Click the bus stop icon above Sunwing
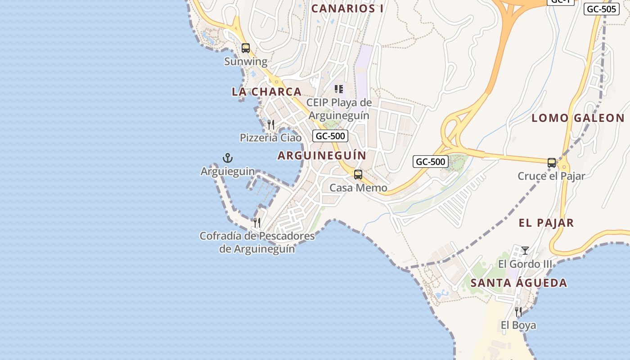point(246,48)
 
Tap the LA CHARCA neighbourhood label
point(266,92)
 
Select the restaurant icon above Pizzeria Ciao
point(271,124)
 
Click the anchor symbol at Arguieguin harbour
point(228,158)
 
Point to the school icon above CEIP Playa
point(339,89)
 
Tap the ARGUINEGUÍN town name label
point(322,156)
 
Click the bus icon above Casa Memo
point(358,175)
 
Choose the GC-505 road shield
point(601,9)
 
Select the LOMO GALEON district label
point(578,118)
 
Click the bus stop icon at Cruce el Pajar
point(552,163)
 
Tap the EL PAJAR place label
point(546,223)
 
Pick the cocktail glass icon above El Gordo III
point(525,250)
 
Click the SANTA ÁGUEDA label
point(519,283)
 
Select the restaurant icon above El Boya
point(518,311)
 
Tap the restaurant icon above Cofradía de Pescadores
point(257,222)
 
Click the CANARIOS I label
point(347,9)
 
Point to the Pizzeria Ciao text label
point(270,138)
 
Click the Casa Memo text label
point(358,188)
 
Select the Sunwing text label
point(246,62)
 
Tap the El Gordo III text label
point(525,264)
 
